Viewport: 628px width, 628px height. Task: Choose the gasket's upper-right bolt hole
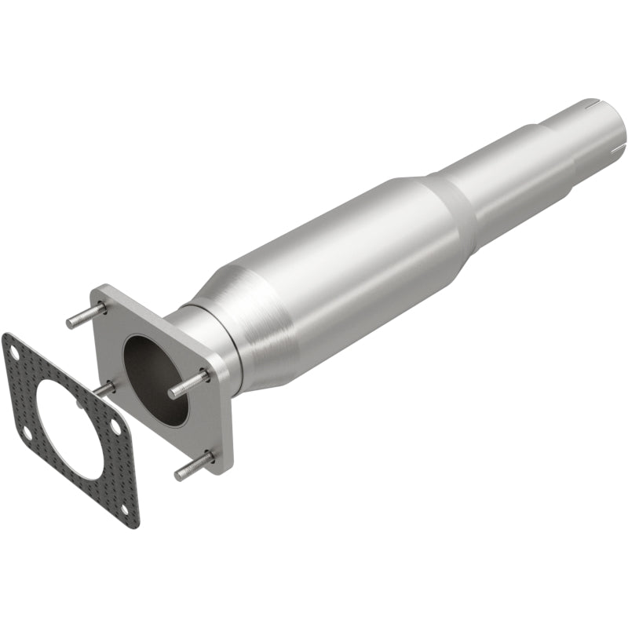pyautogui.click(x=116, y=425)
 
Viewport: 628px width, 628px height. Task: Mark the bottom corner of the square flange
pyautogui.click(x=225, y=471)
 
